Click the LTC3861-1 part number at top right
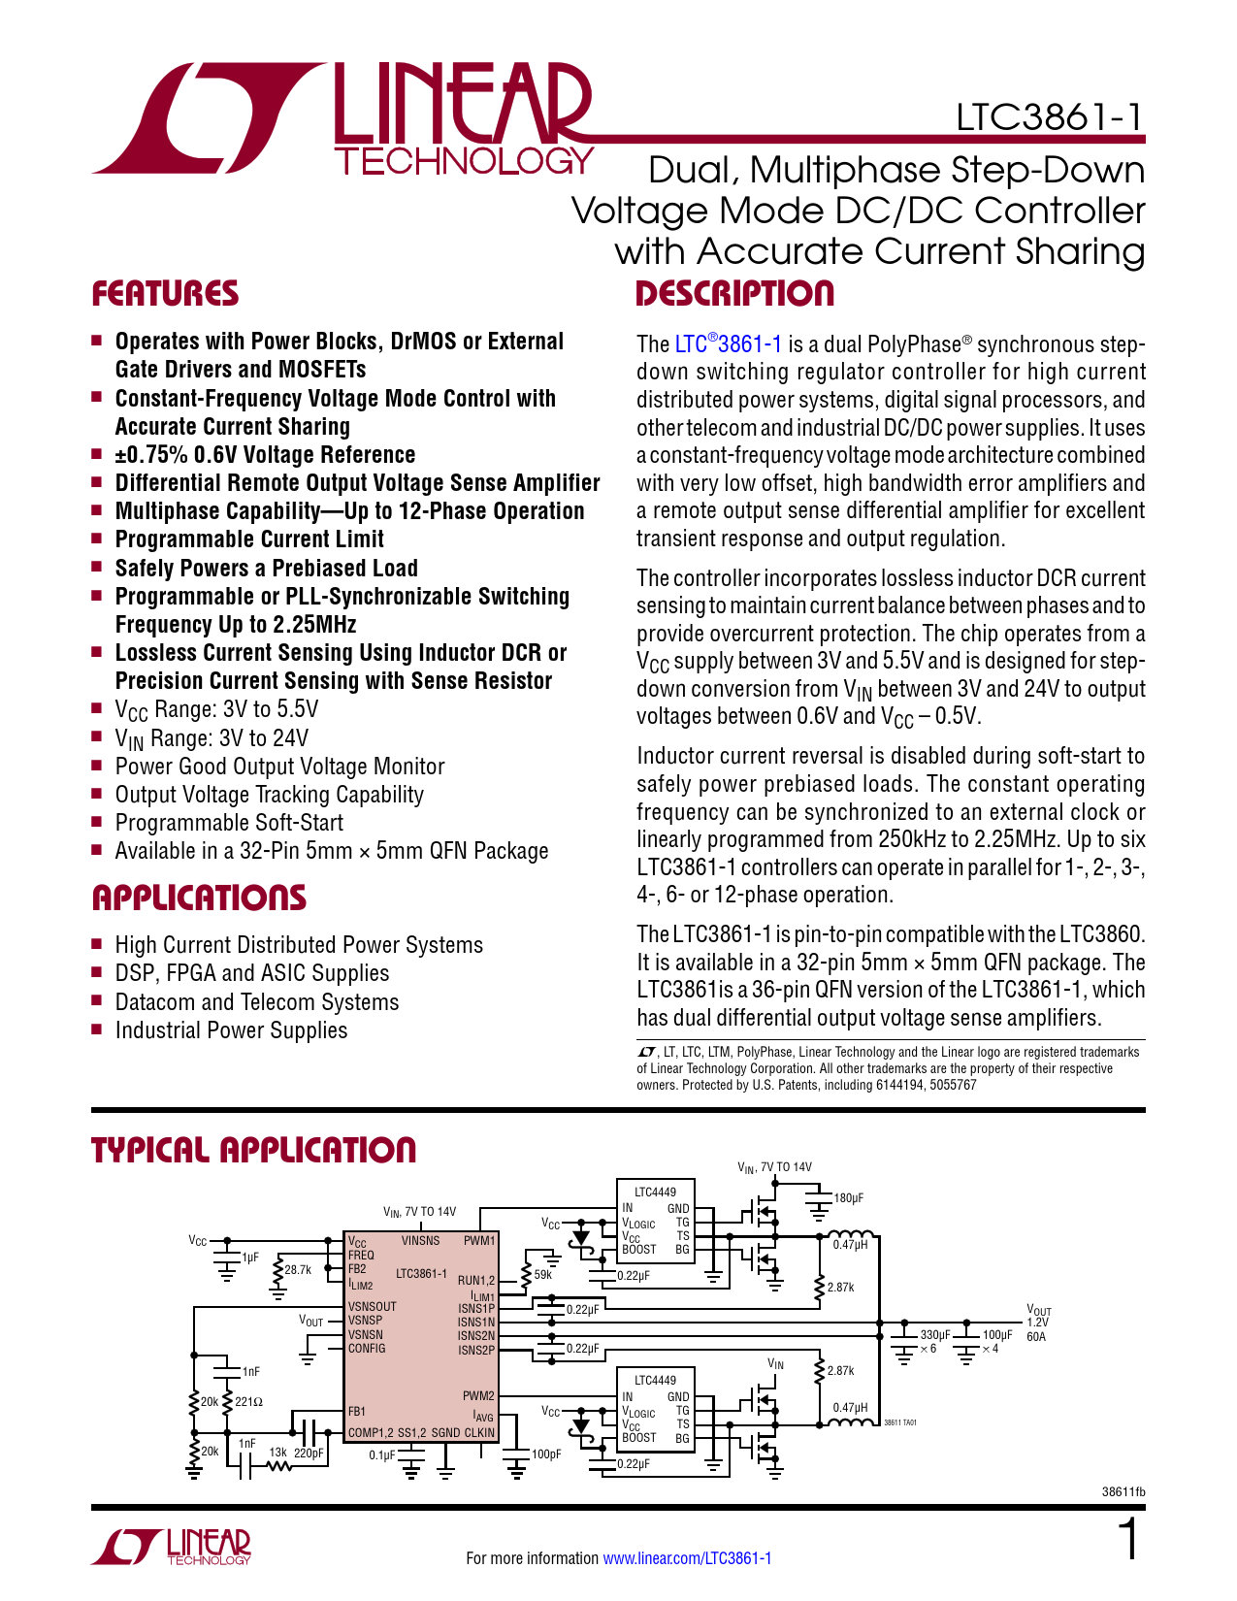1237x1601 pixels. coord(1050,118)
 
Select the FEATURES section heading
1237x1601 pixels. coord(165,294)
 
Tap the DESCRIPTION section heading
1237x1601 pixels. coord(734,294)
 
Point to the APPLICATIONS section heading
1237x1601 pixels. coord(199,898)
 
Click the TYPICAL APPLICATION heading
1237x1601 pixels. coord(253,1151)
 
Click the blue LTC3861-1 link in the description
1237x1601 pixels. coord(728,344)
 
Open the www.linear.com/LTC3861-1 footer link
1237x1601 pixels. coord(687,1558)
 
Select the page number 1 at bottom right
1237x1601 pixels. coord(1128,1541)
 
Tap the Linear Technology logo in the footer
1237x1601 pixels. coord(172,1547)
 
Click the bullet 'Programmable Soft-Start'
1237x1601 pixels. coord(229,823)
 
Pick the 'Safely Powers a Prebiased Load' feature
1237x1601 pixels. coord(266,569)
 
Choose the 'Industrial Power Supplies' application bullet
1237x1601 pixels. coord(231,1030)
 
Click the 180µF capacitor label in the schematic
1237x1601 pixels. coord(848,1198)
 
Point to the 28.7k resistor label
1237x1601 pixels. coord(298,1269)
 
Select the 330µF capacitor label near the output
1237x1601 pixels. coord(935,1335)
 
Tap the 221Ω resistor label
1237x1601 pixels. coord(249,1401)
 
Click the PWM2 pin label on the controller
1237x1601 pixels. coord(478,1396)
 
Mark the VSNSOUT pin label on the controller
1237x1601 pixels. coord(373,1307)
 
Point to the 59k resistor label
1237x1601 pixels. coord(542,1275)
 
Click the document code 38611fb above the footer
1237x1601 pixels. coord(1123,1491)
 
